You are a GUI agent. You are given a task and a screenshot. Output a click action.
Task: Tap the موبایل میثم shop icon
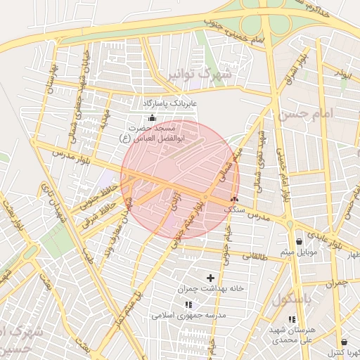tap(299, 241)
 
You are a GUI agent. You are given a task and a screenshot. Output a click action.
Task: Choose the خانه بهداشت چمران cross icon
tap(210, 278)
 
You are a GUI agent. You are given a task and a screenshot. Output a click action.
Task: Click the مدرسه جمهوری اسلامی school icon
tap(188, 304)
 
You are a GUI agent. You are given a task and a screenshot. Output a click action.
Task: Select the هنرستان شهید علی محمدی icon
tap(292, 320)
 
